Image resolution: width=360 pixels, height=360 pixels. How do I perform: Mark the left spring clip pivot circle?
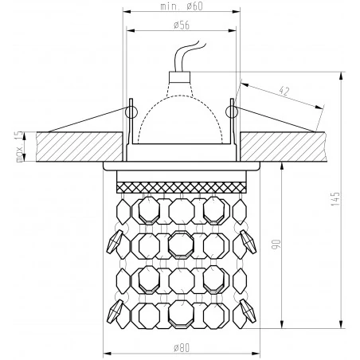point(132,105)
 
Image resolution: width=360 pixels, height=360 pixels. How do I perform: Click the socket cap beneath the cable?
point(181,80)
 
